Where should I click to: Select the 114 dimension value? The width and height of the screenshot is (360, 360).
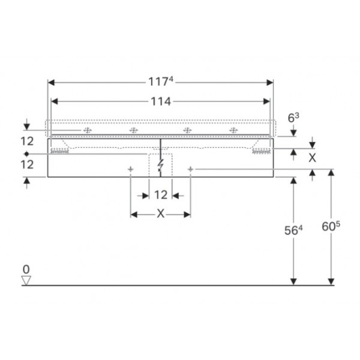(x=160, y=102)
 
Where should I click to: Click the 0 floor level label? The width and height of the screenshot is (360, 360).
(x=26, y=269)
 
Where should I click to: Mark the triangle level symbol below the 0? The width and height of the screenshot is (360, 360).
(x=26, y=280)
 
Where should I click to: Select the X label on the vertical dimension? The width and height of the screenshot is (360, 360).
(x=311, y=158)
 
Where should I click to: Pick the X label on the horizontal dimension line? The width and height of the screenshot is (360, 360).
(x=160, y=214)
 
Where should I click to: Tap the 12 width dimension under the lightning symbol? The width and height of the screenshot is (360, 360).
(x=160, y=195)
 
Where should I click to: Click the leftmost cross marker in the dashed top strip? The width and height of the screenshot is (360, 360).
(x=87, y=130)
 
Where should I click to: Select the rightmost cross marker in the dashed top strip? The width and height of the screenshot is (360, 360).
(x=233, y=130)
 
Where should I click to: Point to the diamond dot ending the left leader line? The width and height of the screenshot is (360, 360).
(x=26, y=154)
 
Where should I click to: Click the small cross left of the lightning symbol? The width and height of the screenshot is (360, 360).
(x=131, y=170)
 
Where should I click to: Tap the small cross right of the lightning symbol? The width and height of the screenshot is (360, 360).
(x=190, y=170)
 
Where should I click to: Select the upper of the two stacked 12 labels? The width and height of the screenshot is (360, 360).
(x=26, y=141)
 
